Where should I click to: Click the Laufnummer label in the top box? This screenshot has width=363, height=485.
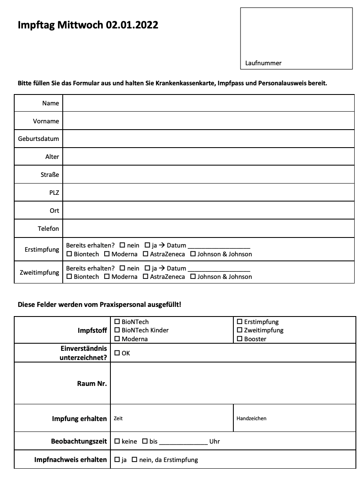(263, 63)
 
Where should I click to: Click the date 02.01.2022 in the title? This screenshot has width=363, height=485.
(132, 25)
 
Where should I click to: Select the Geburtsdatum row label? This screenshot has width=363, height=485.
(38, 139)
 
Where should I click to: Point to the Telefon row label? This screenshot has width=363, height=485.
(48, 228)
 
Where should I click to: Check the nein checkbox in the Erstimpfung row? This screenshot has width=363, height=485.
(122, 245)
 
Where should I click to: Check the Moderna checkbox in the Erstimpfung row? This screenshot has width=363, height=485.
(107, 254)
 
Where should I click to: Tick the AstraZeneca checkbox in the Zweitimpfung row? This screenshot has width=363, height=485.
(146, 276)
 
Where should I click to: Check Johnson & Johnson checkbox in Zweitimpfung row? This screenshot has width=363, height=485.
(193, 276)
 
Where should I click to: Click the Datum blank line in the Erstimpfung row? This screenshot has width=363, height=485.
(218, 246)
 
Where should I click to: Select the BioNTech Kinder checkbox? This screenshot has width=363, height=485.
(117, 330)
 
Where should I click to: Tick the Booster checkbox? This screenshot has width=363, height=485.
(240, 339)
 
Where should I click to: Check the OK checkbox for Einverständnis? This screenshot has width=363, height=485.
(117, 353)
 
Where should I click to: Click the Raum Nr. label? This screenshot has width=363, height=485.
(92, 383)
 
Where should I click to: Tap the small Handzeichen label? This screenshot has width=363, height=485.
(251, 418)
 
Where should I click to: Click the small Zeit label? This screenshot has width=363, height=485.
(118, 418)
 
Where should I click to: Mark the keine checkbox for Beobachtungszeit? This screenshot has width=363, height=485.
(117, 441)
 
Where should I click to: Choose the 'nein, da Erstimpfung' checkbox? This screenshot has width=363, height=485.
(135, 460)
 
